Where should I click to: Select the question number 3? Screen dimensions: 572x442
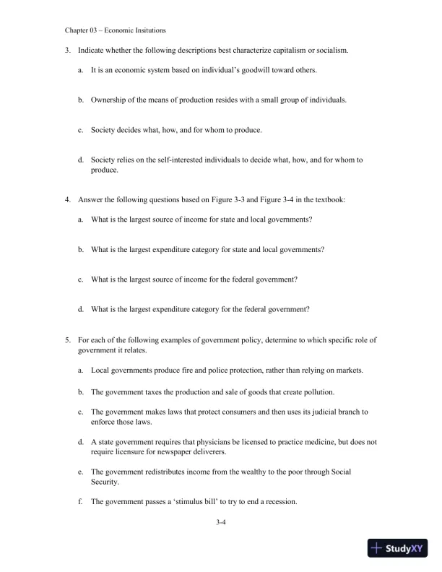coord(67,51)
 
